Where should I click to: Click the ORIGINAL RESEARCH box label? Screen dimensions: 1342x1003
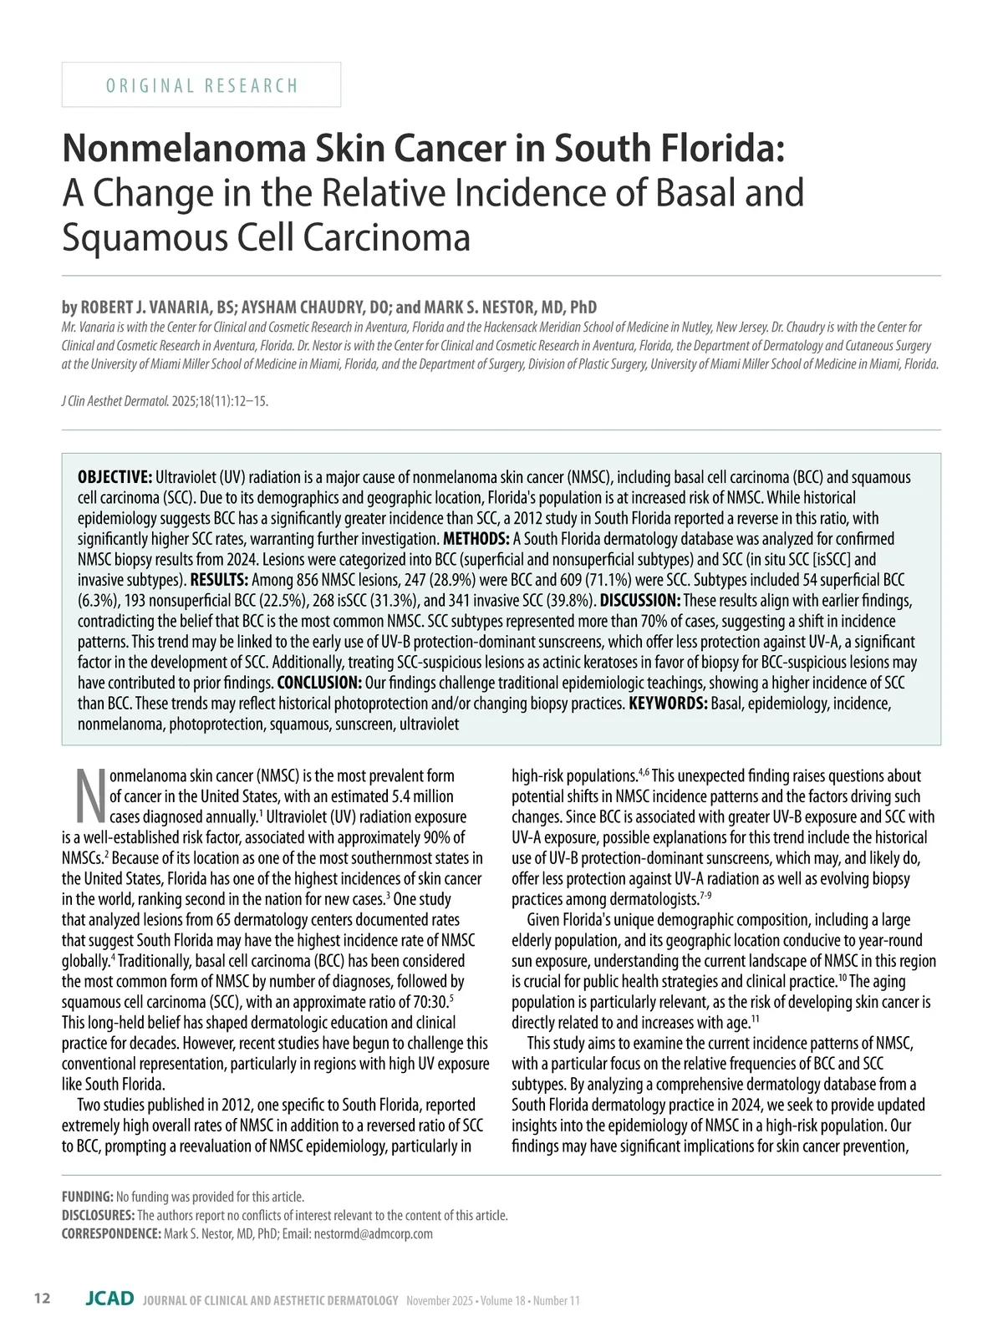(x=201, y=85)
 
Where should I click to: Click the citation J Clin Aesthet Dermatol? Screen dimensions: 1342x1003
(x=115, y=401)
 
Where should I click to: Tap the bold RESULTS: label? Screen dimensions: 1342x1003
(x=219, y=580)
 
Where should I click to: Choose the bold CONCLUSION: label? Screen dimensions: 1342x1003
(x=319, y=683)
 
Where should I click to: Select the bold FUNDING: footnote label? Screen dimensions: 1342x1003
(x=88, y=1197)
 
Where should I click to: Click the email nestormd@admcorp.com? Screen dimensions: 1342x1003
(x=373, y=1233)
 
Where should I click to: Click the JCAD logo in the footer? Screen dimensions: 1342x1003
(x=109, y=1299)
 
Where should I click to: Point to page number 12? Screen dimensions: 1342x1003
(x=42, y=1299)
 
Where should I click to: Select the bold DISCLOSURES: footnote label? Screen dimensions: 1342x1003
(x=98, y=1215)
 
